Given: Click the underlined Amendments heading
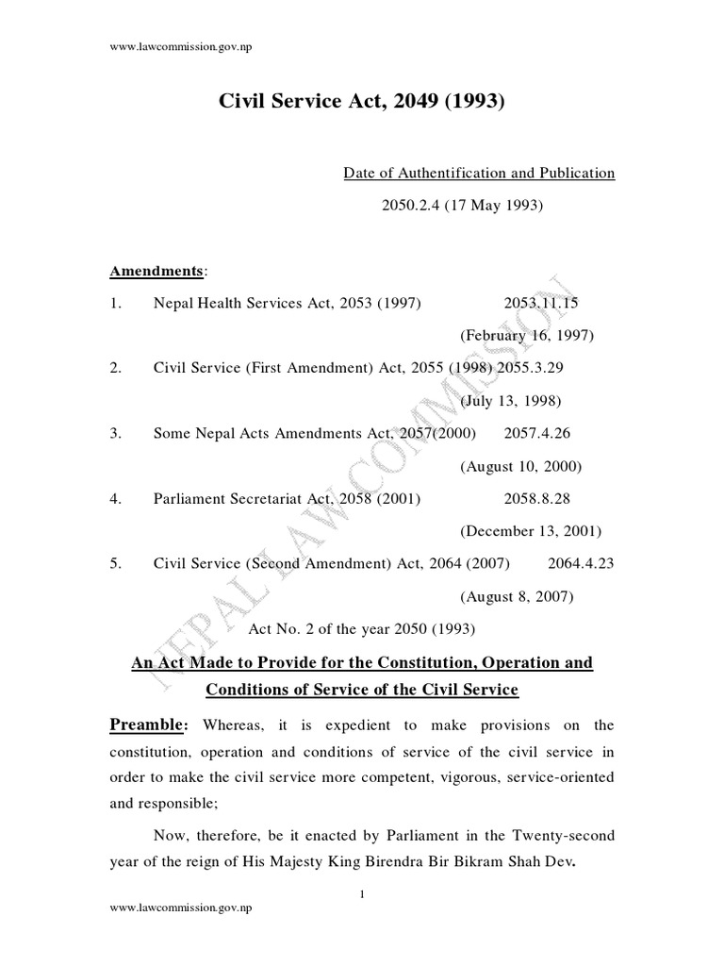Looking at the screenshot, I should [x=156, y=271].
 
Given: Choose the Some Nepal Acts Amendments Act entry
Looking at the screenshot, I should [x=314, y=433].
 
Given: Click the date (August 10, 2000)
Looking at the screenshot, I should [x=520, y=466].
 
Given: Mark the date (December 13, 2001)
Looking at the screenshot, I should [x=530, y=531].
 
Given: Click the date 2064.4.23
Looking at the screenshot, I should [x=580, y=564].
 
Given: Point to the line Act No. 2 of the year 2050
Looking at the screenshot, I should [x=362, y=628].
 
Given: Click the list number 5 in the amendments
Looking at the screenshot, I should [x=115, y=564].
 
